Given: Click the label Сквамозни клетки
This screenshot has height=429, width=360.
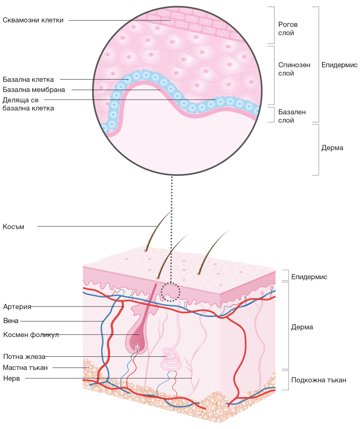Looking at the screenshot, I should coord(33,20).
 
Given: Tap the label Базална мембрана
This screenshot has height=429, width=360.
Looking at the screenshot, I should coord(34,90).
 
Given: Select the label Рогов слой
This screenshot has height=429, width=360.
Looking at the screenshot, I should coord(288,28).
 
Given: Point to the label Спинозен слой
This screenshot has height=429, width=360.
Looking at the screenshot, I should coord(294,69).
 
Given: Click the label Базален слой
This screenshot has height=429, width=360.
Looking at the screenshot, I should coord(292,116).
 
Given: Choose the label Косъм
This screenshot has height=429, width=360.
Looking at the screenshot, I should coord(13,227).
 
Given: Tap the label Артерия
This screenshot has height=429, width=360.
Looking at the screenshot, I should coord(17,307).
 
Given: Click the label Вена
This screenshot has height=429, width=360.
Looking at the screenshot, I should coord(11,321).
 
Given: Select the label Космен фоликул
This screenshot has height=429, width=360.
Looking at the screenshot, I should coord(31,335).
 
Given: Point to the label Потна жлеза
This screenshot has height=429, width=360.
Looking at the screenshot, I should coord(24,357).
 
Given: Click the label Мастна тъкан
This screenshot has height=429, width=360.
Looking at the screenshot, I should coord(25,368).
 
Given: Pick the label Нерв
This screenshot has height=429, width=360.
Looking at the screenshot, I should coord(11,379).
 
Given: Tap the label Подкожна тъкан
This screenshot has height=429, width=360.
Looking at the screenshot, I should coord(318,380).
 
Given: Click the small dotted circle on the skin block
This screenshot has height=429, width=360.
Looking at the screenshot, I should coord(170,292).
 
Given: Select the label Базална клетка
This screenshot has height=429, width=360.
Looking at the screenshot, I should coord(28,80).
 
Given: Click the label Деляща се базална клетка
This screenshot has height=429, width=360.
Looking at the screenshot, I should coord(28,104).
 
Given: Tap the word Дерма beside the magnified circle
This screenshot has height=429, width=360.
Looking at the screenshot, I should coord(332,148).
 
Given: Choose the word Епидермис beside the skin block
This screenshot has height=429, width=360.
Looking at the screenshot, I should coord(309,277).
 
